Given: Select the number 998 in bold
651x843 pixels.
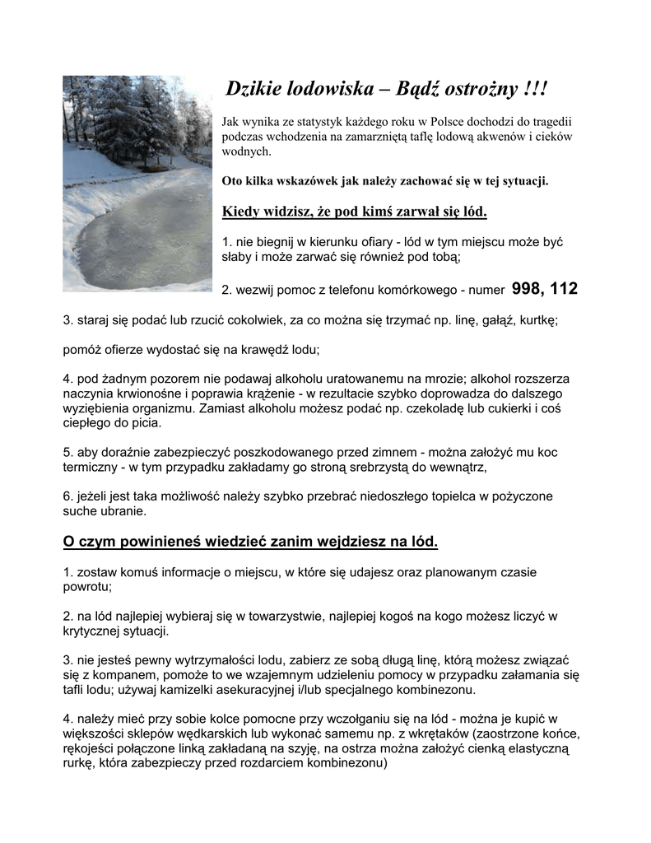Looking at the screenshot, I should (x=527, y=289).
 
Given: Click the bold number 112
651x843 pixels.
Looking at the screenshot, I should (x=564, y=289).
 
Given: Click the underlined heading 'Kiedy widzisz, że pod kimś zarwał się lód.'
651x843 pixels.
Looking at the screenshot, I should (x=355, y=213).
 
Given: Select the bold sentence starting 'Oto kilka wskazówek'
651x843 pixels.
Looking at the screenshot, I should (x=384, y=181).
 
